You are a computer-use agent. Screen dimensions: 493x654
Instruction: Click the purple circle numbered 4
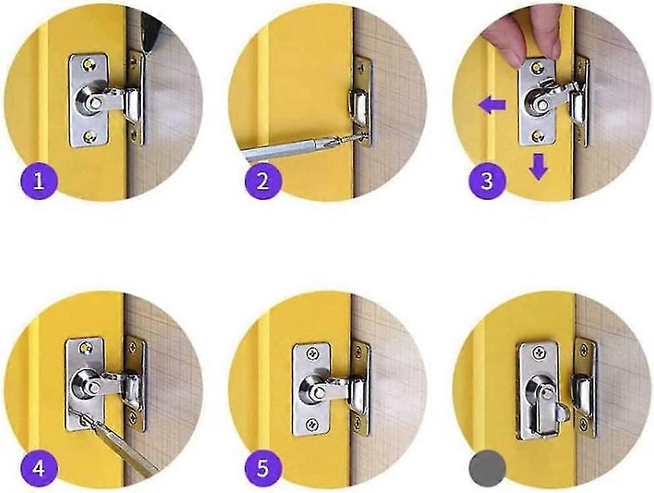(38, 469)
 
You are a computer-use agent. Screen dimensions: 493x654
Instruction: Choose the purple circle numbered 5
(263, 469)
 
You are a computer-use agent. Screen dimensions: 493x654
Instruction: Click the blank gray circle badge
(487, 469)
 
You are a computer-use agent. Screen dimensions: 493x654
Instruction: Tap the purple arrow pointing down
(539, 165)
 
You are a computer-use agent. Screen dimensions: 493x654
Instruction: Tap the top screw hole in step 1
(89, 65)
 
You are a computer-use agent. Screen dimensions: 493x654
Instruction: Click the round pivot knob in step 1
(90, 103)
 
